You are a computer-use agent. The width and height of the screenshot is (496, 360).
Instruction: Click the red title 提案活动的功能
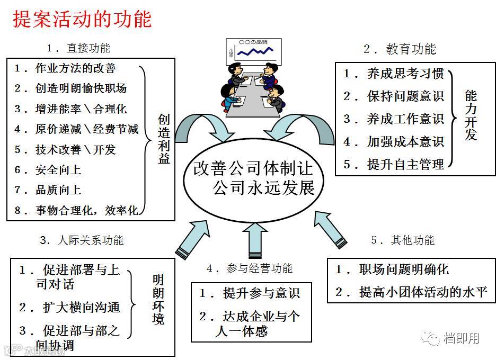[x=82, y=19]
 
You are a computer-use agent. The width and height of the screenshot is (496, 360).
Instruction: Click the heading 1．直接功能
[x=78, y=48]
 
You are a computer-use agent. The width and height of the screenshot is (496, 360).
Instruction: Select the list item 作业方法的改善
[x=75, y=68]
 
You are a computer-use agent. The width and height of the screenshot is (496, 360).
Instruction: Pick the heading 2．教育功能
[x=400, y=49]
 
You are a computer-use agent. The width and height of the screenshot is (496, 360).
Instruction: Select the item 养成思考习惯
[x=405, y=74]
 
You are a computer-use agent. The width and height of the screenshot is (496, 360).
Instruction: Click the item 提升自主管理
[x=405, y=164]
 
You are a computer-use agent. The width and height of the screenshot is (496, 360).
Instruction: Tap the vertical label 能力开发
[x=471, y=115]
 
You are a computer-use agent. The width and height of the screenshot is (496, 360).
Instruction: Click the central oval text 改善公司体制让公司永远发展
[x=253, y=178]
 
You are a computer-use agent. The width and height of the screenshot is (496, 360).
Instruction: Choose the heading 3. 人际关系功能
[x=82, y=240]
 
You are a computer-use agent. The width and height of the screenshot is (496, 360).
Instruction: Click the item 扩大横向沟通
[x=81, y=307]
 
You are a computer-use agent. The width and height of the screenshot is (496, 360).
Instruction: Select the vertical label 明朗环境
[x=158, y=300]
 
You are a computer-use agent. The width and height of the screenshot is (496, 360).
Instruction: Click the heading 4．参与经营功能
[x=249, y=269]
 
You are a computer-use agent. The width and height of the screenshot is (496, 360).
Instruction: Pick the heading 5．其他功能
[x=403, y=240]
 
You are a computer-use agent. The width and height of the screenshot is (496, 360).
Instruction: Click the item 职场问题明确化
[x=403, y=269]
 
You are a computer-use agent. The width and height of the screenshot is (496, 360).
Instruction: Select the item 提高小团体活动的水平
[x=423, y=292]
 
